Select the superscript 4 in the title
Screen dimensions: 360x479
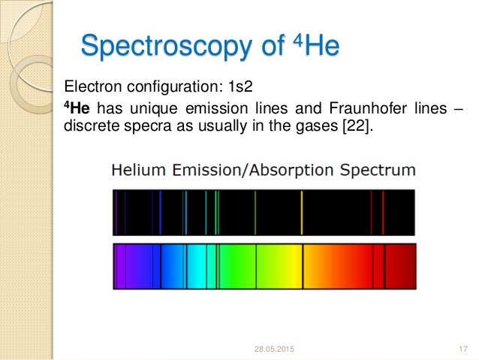[294, 38]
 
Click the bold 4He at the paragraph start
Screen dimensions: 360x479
[74, 107]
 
